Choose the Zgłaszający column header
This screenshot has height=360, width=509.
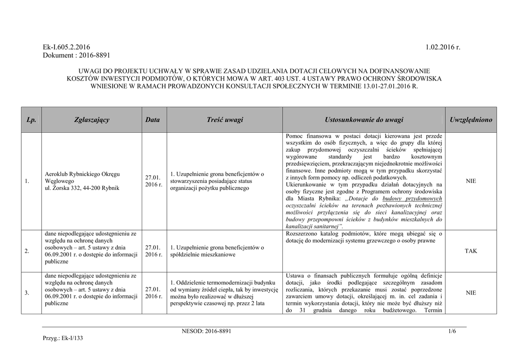pos(92,120)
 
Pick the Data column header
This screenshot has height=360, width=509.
pos(153,120)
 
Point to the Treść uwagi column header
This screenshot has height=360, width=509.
pos(225,120)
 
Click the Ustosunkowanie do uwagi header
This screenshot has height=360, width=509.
pos(364,120)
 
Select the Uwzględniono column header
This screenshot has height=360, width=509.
pos(470,120)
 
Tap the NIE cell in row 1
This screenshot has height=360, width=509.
pos(471,181)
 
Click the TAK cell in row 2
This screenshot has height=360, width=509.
pos(471,251)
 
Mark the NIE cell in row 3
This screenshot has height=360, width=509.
pos(471,293)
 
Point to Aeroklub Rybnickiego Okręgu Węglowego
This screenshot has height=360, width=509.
pos(83,178)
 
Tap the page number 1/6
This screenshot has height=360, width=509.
pos(452,331)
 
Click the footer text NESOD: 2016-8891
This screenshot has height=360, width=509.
pos(207,331)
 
